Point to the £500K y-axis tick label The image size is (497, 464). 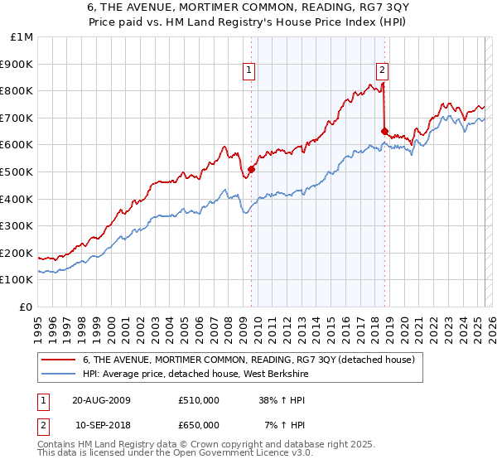coord(17,172)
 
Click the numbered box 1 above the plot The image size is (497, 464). coord(249,70)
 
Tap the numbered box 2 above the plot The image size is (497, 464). coord(382,70)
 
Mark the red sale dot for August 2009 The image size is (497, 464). coord(251,169)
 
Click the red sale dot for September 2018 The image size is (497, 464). coord(384,131)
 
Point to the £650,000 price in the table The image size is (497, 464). coord(198,424)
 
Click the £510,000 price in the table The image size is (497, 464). coord(198,400)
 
